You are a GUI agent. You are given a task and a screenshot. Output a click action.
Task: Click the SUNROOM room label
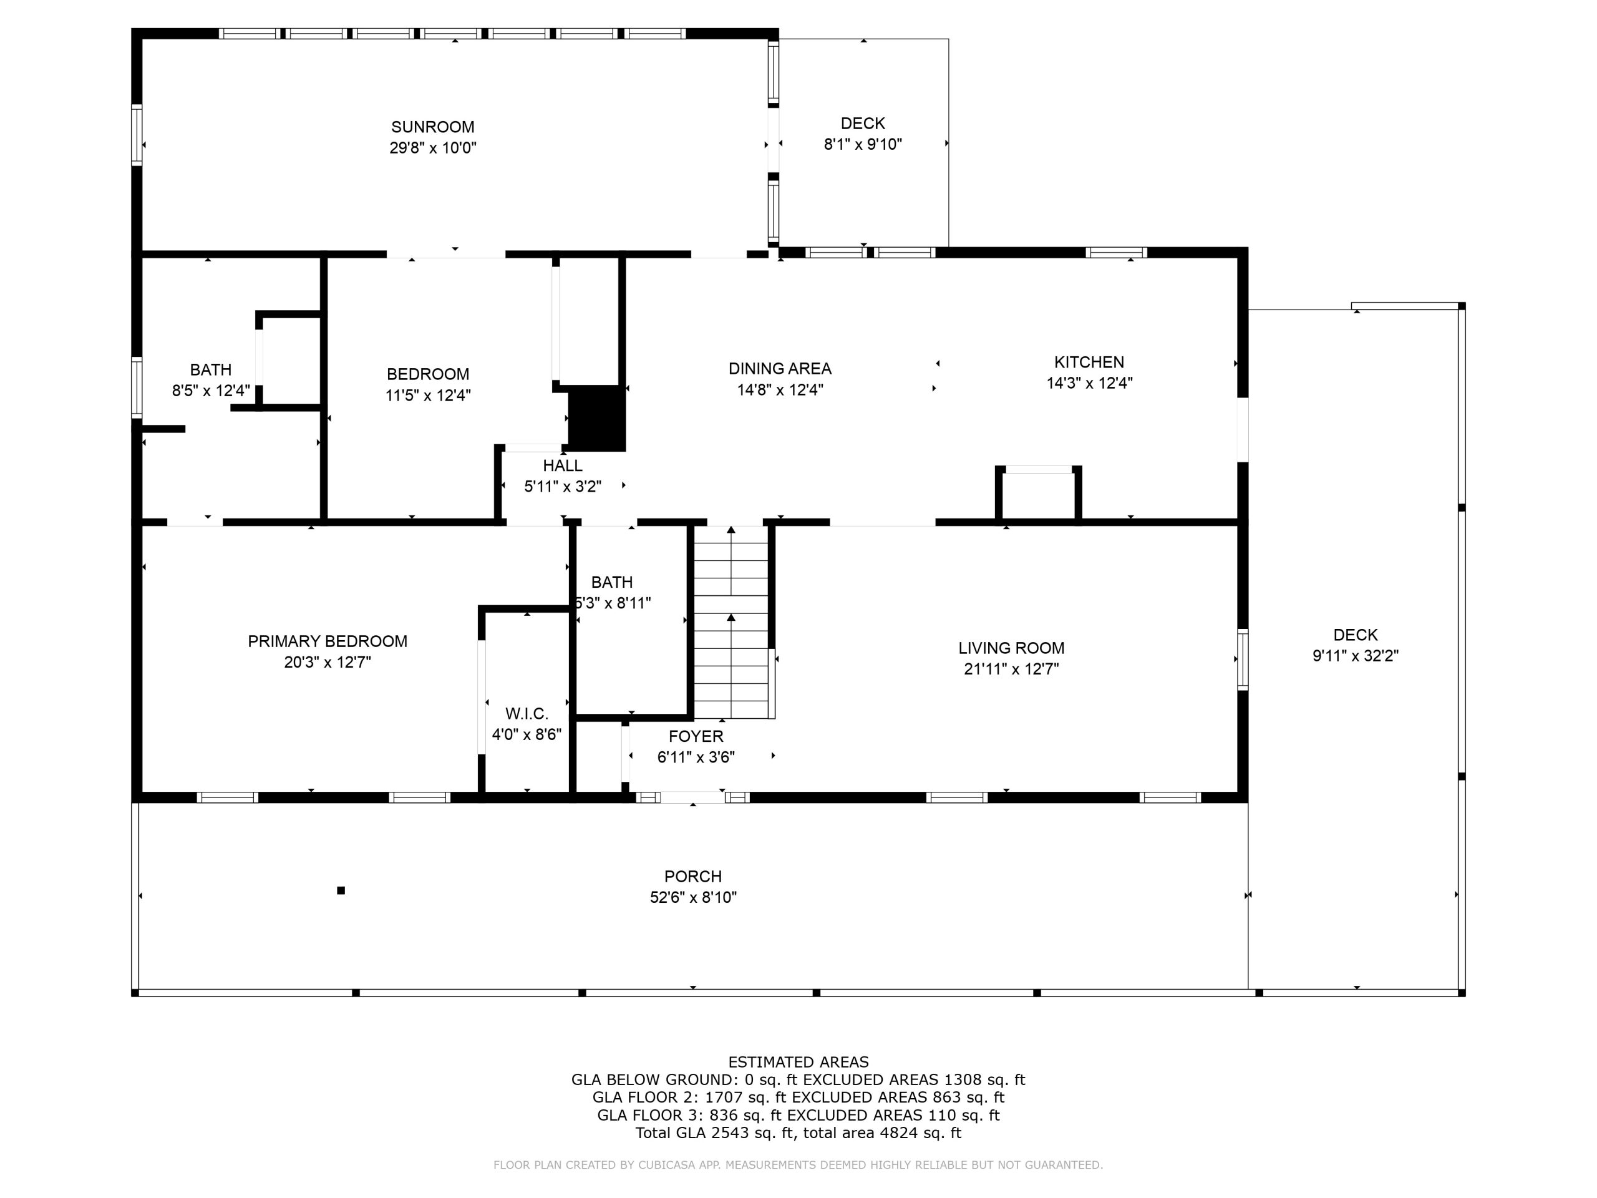pos(432,127)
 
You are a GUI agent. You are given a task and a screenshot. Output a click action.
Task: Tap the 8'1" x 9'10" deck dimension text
pos(863,144)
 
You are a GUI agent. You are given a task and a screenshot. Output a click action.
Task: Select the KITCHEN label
pos(1089,363)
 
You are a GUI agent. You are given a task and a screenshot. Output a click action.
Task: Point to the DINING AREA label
pos(780,369)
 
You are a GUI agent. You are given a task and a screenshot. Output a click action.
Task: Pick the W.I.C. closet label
pos(527,714)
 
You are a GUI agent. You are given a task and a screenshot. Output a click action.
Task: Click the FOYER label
pos(696,736)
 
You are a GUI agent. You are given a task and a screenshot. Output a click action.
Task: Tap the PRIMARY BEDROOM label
pos(327,641)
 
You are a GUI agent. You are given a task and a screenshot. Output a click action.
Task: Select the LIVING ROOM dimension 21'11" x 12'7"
pos(1011,670)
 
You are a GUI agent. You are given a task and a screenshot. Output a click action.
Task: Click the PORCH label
pos(692,877)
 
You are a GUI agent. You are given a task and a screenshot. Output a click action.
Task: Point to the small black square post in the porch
pos(341,890)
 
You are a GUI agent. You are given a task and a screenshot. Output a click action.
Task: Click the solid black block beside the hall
pos(596,419)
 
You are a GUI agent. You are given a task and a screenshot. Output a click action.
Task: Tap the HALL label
pos(563,465)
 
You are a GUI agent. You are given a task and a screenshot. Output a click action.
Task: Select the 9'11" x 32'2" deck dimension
pos(1355,656)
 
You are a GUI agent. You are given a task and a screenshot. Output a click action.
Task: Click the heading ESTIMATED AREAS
pos(798,1062)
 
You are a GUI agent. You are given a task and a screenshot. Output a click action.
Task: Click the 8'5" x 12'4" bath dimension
pos(211,391)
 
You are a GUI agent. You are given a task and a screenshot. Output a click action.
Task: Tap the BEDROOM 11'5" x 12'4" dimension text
pos(428,396)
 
